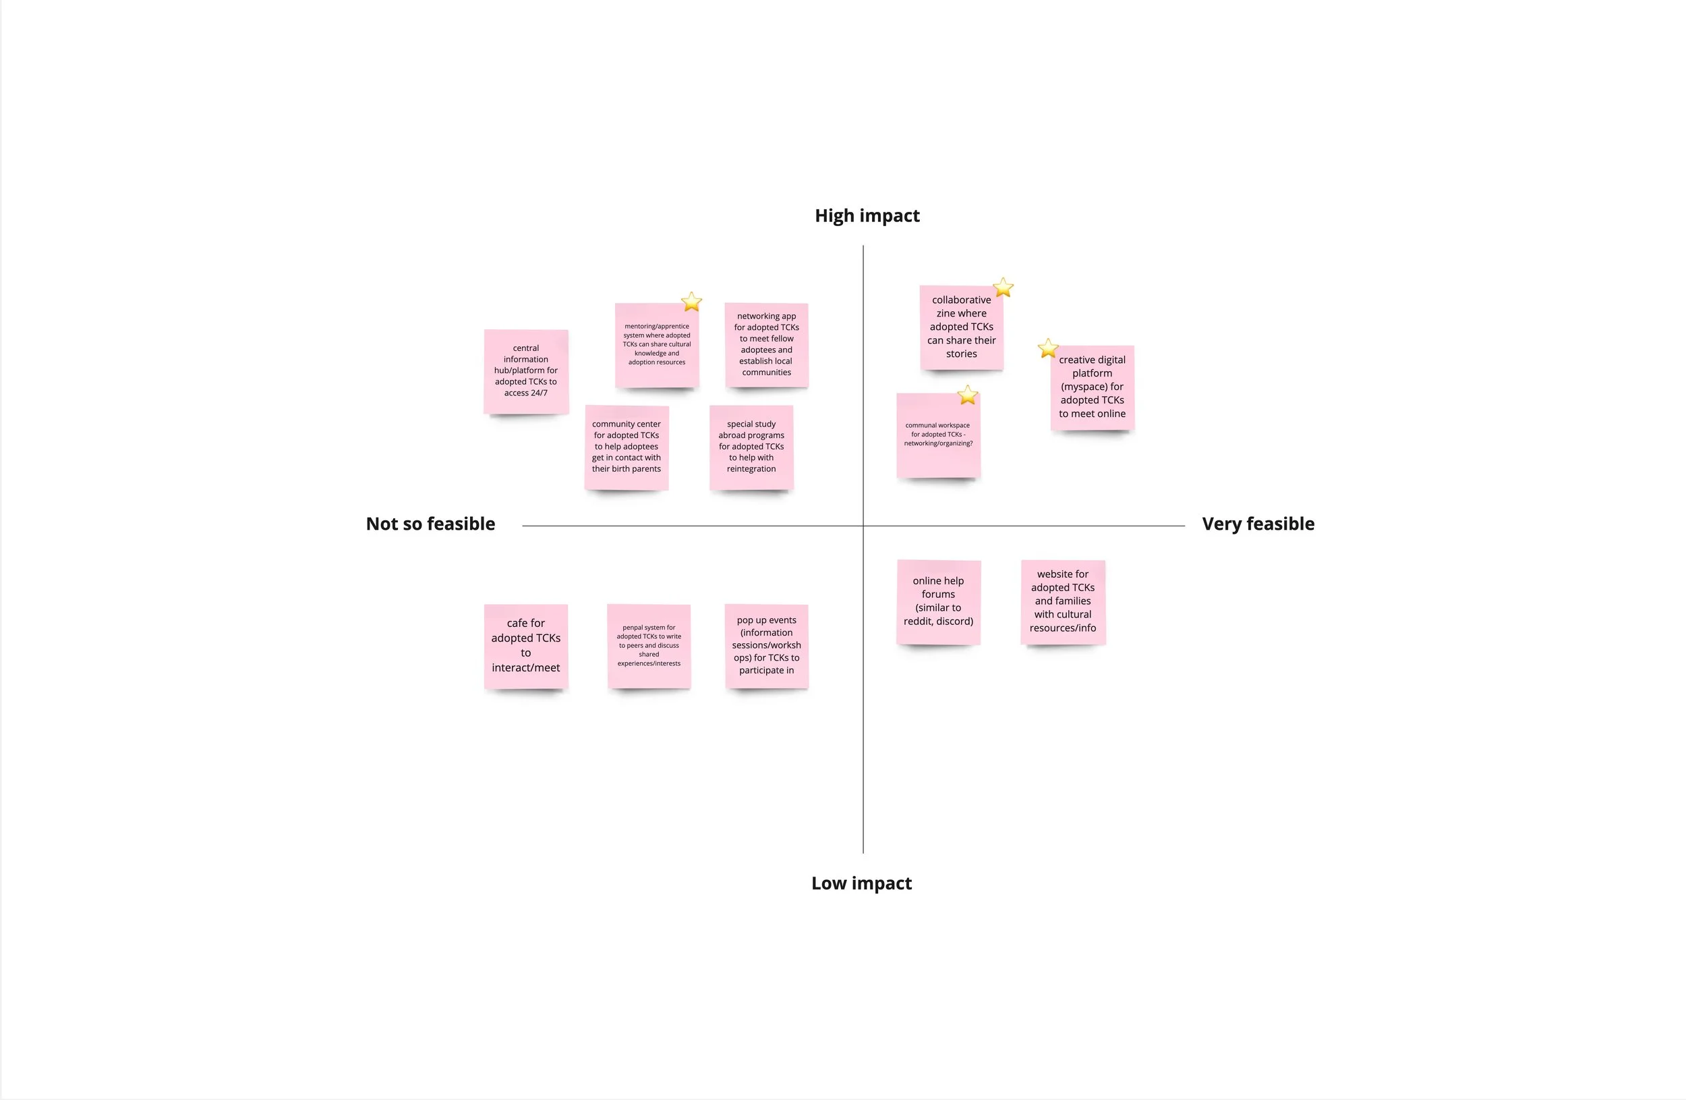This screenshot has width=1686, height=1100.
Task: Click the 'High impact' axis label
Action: pos(867,215)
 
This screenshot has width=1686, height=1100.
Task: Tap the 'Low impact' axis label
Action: pos(861,883)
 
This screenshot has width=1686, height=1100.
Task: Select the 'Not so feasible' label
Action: pos(430,524)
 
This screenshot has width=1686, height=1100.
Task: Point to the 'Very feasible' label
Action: pos(1258,524)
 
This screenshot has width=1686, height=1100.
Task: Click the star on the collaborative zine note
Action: pos(1003,287)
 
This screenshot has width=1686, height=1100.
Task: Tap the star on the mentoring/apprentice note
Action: pos(691,302)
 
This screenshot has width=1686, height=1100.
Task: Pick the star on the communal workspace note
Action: pos(968,395)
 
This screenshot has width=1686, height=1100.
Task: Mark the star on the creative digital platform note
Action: pos(1048,349)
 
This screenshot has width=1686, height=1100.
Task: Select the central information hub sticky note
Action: pos(525,370)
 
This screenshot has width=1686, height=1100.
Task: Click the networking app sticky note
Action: pos(767,344)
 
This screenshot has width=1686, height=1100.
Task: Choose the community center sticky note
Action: pos(627,447)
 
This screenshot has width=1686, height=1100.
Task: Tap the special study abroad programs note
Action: pos(751,447)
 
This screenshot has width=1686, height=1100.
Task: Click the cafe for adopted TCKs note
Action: pos(525,646)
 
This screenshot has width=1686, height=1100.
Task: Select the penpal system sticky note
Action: pos(649,646)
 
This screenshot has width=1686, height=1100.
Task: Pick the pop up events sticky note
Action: pos(767,645)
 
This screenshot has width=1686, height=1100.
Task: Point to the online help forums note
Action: pos(938,601)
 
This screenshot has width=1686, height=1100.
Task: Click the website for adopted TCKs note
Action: pos(1063,601)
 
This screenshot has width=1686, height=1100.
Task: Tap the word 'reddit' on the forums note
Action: pos(919,622)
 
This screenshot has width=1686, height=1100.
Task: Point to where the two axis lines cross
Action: pos(863,526)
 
